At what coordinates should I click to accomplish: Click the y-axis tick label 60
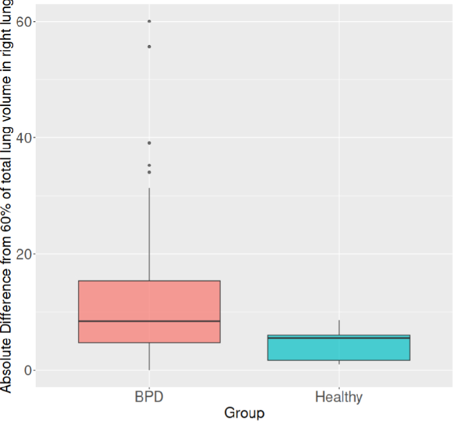(x=24, y=21)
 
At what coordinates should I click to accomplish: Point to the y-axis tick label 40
(x=24, y=138)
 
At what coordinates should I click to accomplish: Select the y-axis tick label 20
(x=24, y=254)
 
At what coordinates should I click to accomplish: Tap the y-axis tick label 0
(x=28, y=370)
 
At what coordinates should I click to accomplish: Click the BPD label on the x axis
(x=149, y=397)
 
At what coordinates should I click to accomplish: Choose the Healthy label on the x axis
(x=339, y=397)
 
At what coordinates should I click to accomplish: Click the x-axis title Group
(x=244, y=413)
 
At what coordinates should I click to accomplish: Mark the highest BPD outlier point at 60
(x=149, y=21)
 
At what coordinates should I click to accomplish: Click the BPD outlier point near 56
(x=149, y=46)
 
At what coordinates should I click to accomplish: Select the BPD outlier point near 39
(x=149, y=142)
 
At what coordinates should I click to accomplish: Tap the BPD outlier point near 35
(x=149, y=165)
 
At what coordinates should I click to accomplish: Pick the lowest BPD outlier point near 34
(x=149, y=172)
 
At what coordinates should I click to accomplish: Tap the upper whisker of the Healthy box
(x=339, y=328)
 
